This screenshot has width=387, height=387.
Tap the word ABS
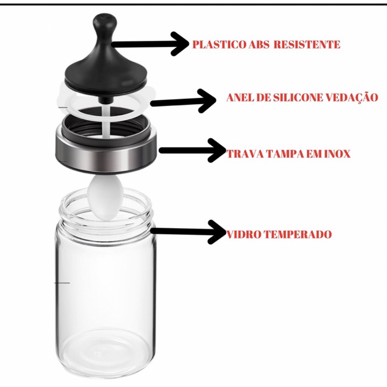point(259,45)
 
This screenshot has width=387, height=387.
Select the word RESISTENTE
point(307,45)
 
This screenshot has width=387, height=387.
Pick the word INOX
point(336,154)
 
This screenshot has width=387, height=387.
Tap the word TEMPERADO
point(297,234)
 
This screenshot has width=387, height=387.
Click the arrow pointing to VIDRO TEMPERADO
point(189,231)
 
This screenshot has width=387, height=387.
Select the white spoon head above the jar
point(105,197)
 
